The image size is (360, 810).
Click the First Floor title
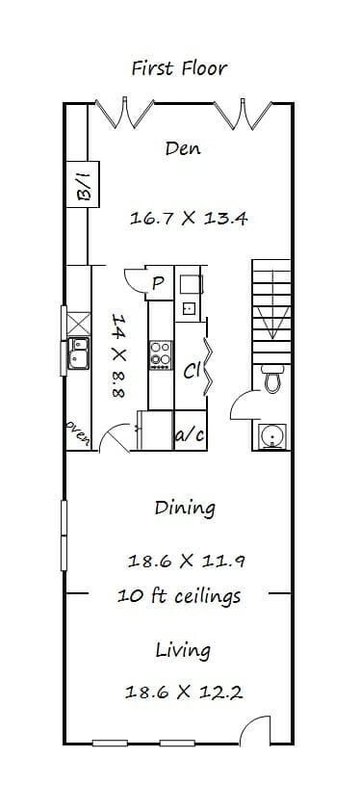[179, 68]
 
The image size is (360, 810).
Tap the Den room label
[183, 148]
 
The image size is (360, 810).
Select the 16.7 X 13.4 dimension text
[189, 218]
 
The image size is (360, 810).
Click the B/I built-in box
[83, 184]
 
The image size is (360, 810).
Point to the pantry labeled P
[159, 282]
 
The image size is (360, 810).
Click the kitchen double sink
[79, 353]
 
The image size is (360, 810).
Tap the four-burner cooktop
[161, 354]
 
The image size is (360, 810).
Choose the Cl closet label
[192, 371]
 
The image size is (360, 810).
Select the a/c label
[191, 435]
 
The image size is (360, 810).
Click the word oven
[77, 432]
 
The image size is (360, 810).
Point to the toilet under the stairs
[272, 379]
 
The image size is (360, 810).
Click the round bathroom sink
[271, 436]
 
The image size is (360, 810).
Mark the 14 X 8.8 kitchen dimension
[119, 354]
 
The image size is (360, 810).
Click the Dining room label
[185, 508]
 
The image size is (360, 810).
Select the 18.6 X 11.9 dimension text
[186, 561]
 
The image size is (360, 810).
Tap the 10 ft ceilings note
[179, 596]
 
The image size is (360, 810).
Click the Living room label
[183, 651]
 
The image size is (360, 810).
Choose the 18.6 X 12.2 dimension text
[184, 692]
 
